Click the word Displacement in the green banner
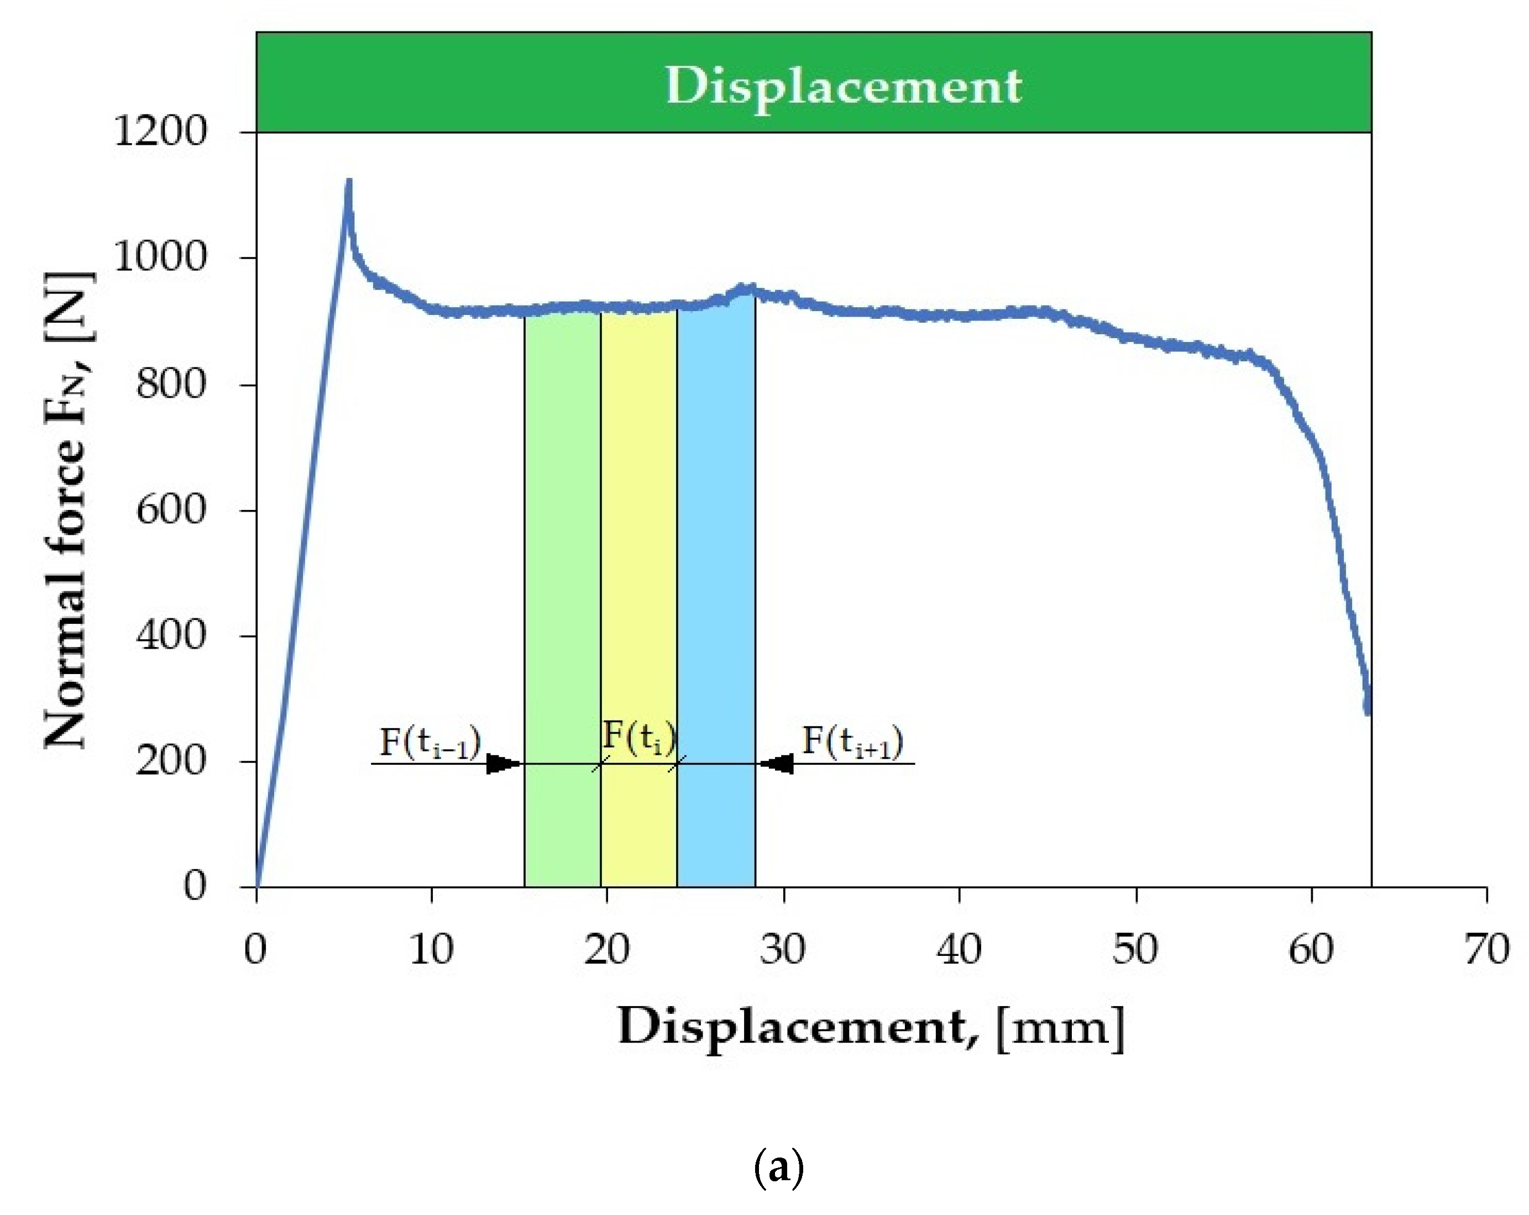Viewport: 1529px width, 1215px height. [x=842, y=87]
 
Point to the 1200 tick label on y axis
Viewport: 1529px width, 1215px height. [x=160, y=132]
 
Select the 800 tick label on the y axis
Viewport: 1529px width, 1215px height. [x=171, y=385]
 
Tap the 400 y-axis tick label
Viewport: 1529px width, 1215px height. [x=171, y=635]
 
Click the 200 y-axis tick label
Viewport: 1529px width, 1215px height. [x=171, y=761]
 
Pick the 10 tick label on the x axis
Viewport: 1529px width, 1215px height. [x=431, y=949]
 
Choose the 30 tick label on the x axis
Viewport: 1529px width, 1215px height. [x=783, y=949]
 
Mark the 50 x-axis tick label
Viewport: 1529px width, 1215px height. [x=1135, y=949]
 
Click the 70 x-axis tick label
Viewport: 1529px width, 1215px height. [x=1486, y=949]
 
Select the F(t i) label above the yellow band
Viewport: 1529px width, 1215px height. [x=639, y=737]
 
